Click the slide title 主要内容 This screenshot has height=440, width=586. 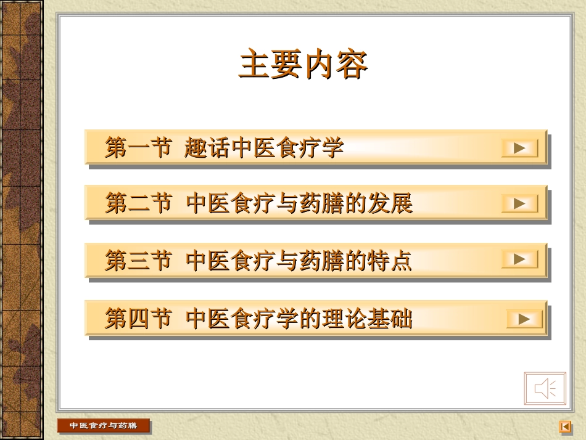303,65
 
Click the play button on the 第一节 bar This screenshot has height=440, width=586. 519,149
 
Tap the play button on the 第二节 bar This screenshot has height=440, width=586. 519,203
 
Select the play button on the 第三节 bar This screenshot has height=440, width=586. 519,259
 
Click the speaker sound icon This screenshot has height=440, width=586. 545,388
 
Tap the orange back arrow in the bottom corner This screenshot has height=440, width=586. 564,426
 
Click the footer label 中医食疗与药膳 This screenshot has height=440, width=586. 103,426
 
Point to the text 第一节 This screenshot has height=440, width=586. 138,148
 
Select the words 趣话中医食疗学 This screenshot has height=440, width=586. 264,148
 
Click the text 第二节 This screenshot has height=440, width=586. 138,203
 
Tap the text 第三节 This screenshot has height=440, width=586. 138,261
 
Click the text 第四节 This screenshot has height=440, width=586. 138,319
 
